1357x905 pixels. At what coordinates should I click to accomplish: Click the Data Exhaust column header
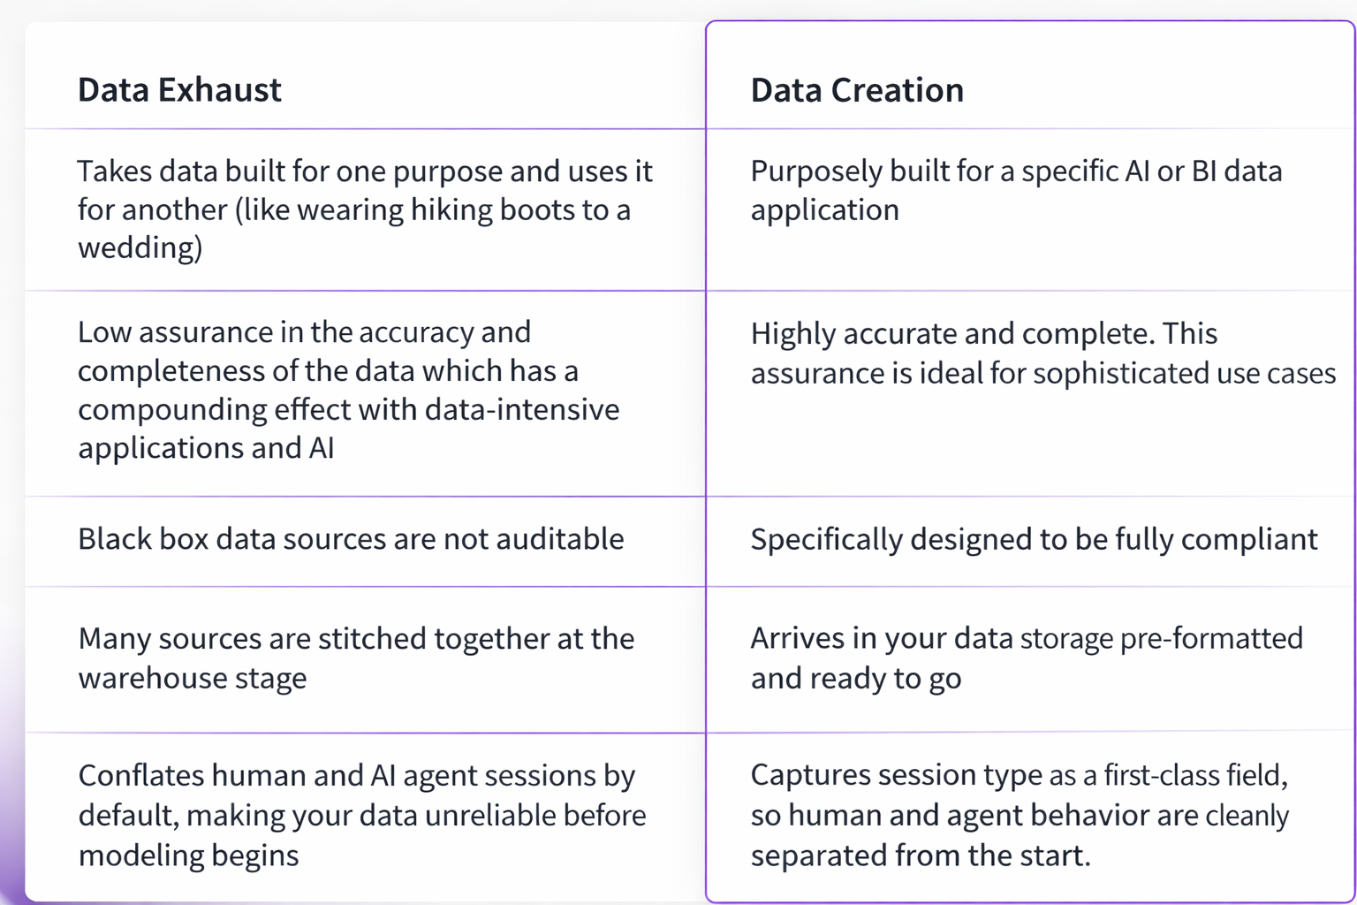pos(179,90)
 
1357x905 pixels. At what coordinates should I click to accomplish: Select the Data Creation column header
pos(856,90)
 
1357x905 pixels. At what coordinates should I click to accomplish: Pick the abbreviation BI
pos(1204,171)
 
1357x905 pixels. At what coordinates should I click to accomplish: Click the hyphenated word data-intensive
pos(522,409)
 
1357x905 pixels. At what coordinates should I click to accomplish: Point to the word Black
pos(113,539)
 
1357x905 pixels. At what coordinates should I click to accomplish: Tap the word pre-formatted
pos(1211,638)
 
